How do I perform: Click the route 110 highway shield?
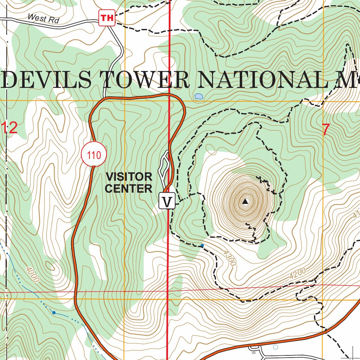coord(95,155)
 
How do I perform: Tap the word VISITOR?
coord(129,176)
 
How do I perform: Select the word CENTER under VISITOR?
coord(129,189)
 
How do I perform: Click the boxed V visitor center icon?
coord(167,202)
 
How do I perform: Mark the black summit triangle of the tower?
coord(245,201)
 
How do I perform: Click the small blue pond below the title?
coord(199,96)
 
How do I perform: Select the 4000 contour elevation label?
coord(32,274)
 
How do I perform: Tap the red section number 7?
coord(326,130)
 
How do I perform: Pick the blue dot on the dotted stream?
coord(54,312)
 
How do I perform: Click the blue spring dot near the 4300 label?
coord(202,245)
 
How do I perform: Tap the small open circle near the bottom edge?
coord(275,347)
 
